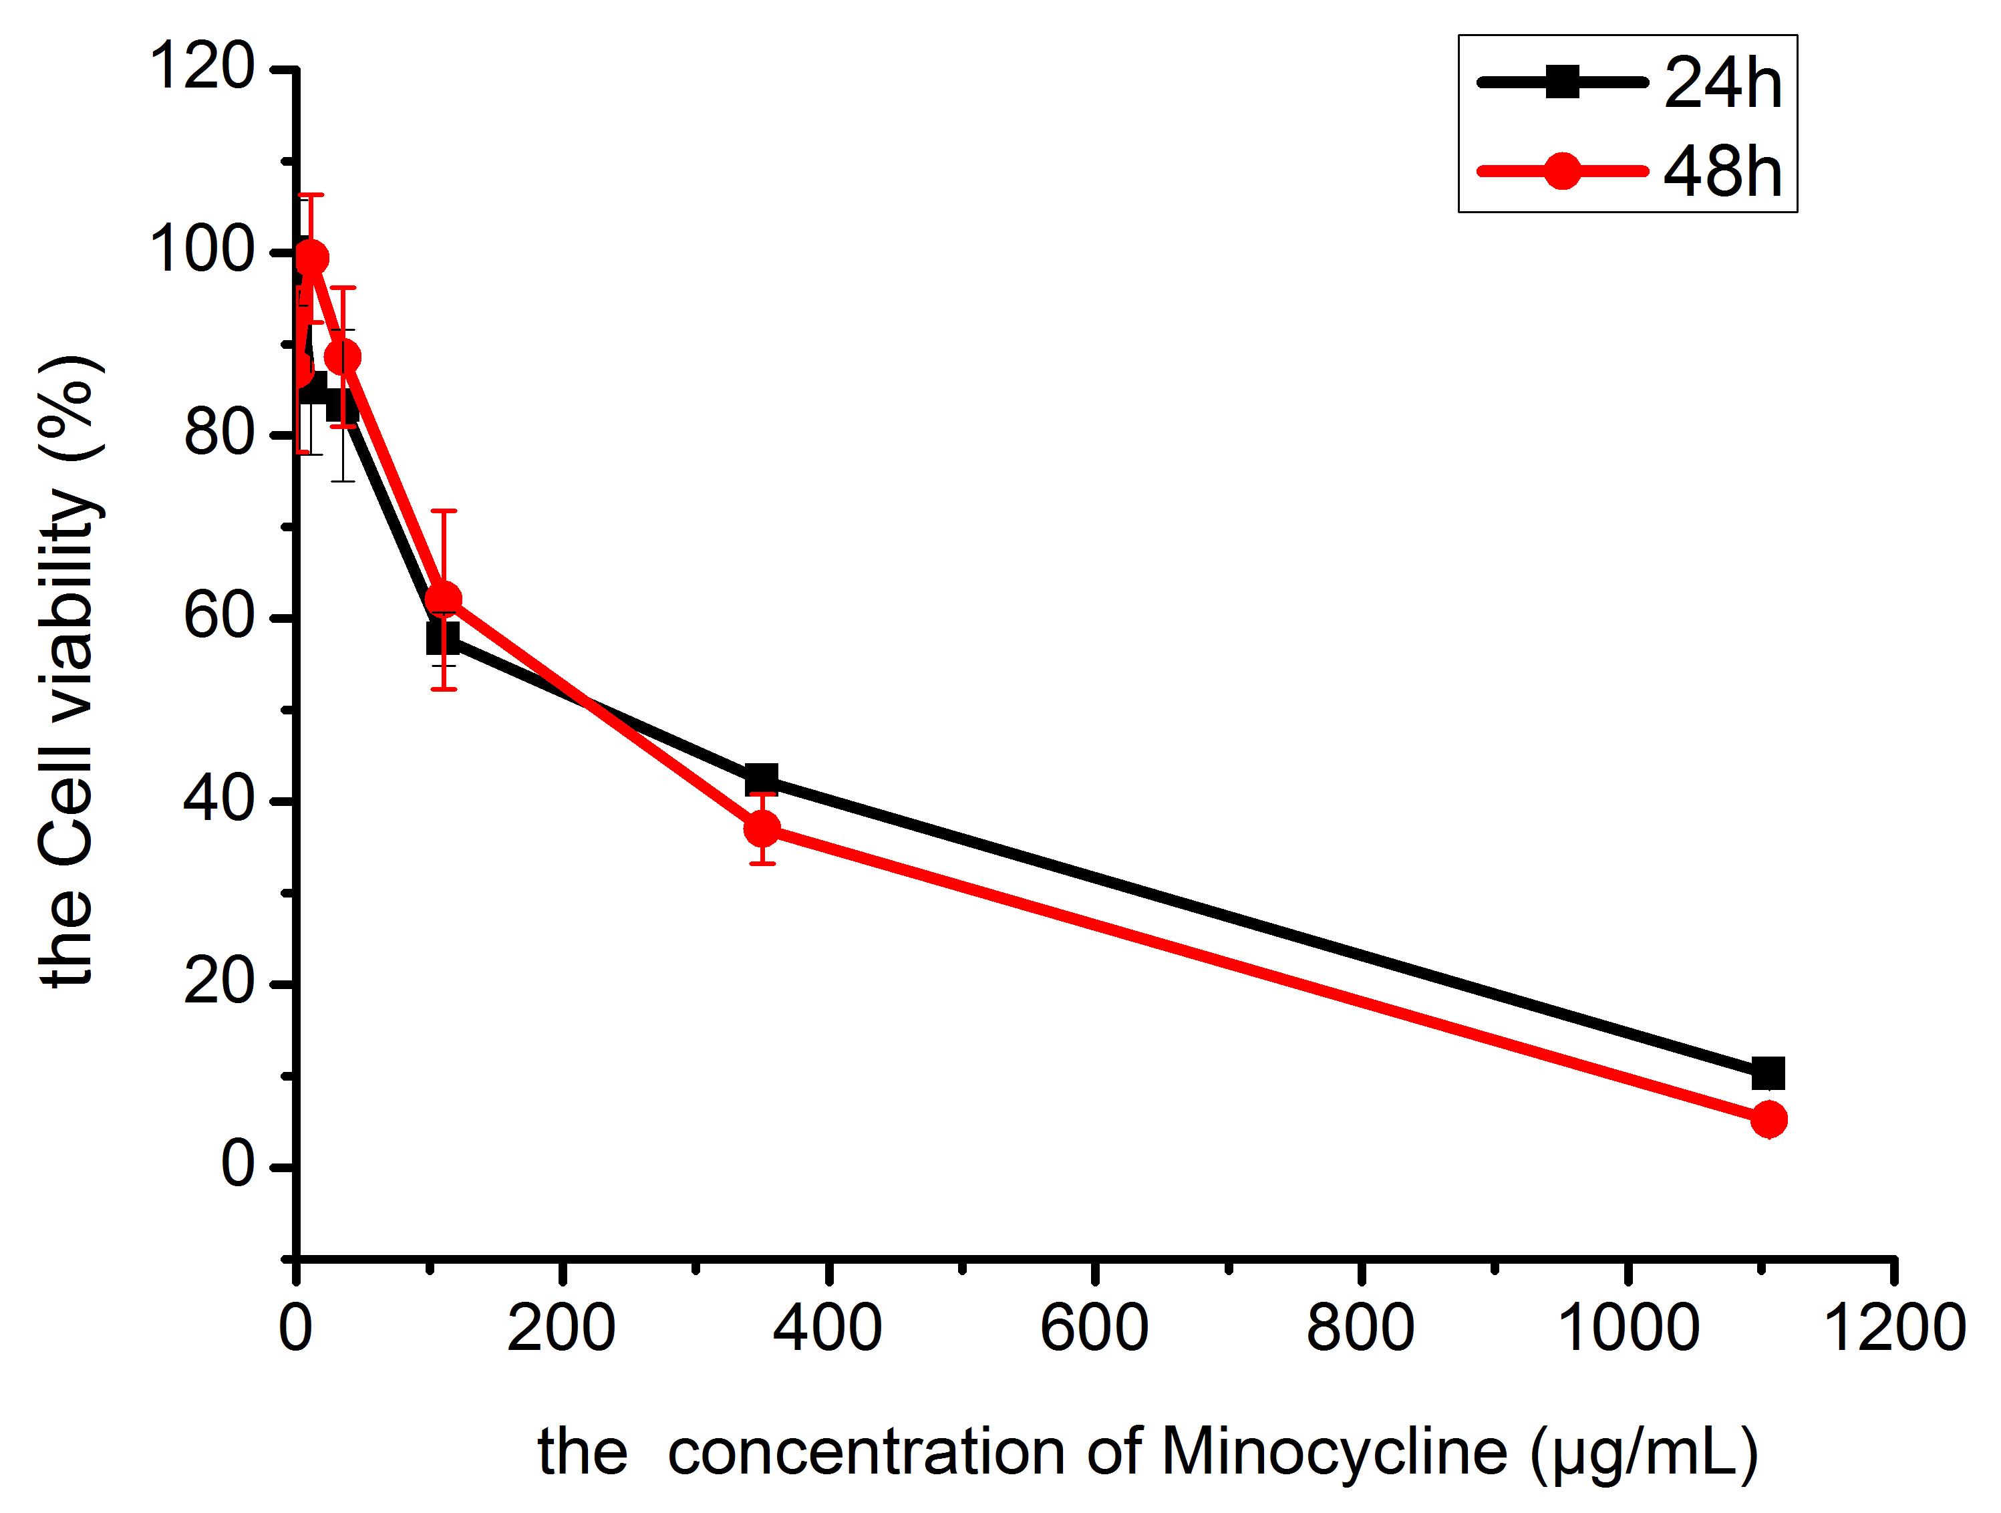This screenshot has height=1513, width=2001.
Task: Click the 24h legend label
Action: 1722,84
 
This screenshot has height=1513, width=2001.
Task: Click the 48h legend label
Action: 1722,171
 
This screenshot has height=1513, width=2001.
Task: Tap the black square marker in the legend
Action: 1562,82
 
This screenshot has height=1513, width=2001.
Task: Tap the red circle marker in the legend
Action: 1562,170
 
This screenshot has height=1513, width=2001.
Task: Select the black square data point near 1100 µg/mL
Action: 1768,1074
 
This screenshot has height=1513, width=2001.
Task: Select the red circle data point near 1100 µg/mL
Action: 1768,1120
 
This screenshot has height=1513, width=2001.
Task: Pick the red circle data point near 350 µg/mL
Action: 762,828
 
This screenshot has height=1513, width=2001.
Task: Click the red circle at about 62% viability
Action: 443,599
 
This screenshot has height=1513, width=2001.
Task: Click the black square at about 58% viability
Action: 442,638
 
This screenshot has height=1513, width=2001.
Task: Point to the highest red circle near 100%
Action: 311,258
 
